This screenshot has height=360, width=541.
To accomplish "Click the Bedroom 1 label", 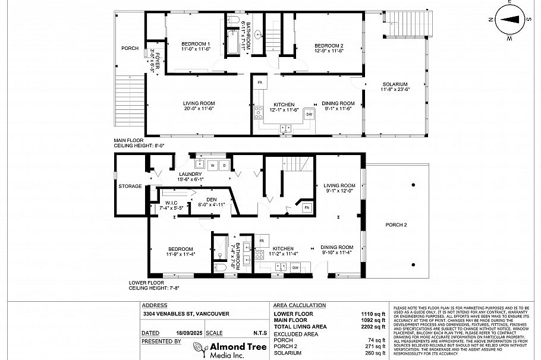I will tap(196, 45).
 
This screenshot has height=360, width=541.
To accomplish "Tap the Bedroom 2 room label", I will tap(329, 46).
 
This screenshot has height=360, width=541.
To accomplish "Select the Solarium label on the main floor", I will tap(394, 86).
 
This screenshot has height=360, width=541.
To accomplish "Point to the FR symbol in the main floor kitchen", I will tap(260, 81).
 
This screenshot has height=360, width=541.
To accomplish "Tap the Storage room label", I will tap(130, 186).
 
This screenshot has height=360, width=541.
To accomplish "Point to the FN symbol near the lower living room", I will tap(307, 207).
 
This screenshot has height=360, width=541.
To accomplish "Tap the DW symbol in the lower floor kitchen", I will tap(295, 268).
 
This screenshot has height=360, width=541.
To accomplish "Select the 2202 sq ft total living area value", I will tap(375, 327).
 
